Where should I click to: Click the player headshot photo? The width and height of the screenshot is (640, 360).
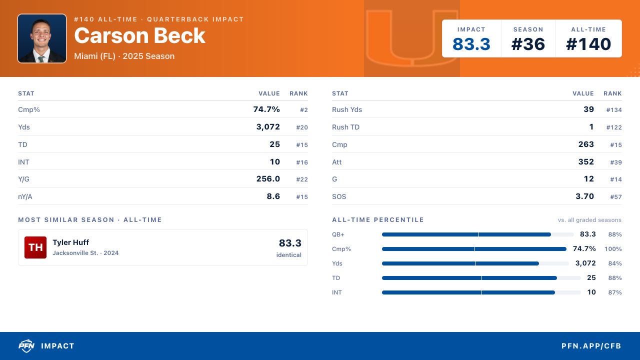[x=42, y=38]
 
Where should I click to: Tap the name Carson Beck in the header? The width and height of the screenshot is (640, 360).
[x=139, y=35]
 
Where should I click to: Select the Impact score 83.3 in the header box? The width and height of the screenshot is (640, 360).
[x=471, y=44]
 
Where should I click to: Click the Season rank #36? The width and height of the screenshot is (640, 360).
[x=528, y=44]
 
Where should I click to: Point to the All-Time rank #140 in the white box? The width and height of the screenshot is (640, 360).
[x=588, y=44]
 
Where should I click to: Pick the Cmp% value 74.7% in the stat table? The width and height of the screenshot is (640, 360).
[x=266, y=109]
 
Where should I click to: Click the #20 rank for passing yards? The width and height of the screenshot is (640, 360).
[x=302, y=127]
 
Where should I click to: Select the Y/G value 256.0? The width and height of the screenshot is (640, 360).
[x=268, y=179]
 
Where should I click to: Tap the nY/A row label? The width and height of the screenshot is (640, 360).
[x=25, y=196]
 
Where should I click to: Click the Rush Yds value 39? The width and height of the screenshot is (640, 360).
[x=588, y=109]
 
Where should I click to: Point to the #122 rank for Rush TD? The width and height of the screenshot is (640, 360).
[x=614, y=127]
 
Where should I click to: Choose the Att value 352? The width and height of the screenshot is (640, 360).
[x=586, y=161]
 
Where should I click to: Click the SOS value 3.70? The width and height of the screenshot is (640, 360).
[x=584, y=196]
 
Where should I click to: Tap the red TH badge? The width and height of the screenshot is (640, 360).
[x=35, y=247]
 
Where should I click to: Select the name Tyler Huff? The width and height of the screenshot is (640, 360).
[x=70, y=242]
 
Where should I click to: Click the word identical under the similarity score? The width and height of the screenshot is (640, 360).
[x=288, y=255]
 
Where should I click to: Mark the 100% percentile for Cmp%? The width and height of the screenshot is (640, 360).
[x=613, y=249]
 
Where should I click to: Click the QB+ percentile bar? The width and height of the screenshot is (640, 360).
[x=477, y=234]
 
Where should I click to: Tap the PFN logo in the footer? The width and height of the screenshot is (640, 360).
[x=26, y=345]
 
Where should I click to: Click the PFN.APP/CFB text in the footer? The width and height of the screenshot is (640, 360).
[x=591, y=346]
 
